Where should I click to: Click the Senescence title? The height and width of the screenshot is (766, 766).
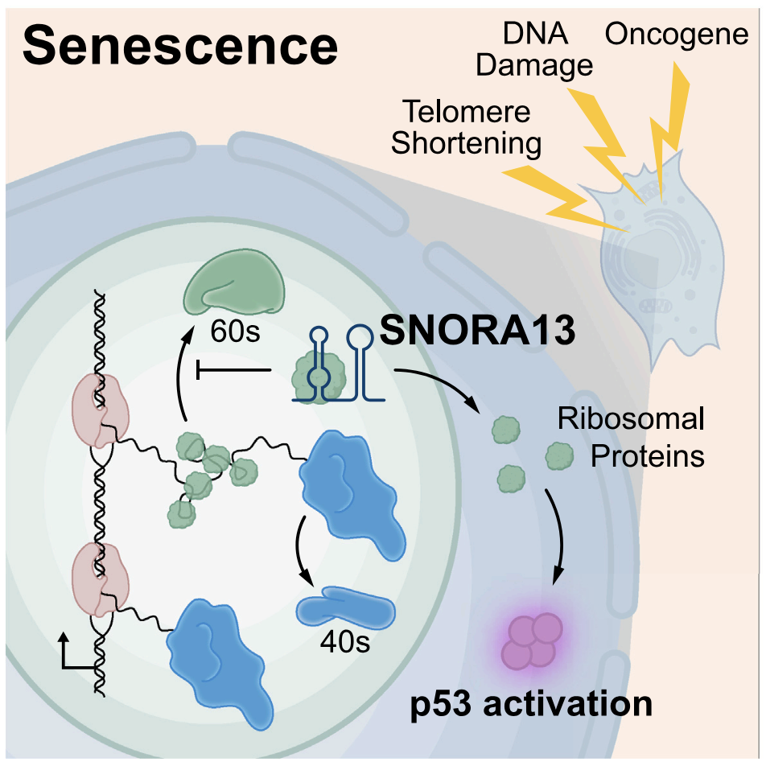click(180, 47)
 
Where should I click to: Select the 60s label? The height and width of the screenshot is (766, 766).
click(234, 331)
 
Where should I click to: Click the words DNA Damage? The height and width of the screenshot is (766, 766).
click(534, 49)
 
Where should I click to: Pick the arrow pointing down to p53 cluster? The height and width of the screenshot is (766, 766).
click(554, 539)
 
